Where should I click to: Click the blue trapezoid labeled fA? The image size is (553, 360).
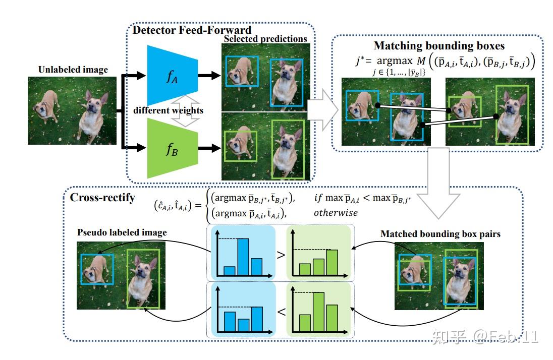click(x=169, y=76)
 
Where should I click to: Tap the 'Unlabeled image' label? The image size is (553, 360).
click(x=73, y=70)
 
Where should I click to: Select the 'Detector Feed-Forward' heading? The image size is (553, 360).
click(x=192, y=30)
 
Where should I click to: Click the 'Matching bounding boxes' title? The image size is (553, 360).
click(x=439, y=46)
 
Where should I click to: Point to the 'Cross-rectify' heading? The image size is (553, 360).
click(x=102, y=197)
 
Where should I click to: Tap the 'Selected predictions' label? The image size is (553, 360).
click(x=265, y=39)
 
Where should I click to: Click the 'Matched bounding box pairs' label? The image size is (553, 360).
click(x=440, y=234)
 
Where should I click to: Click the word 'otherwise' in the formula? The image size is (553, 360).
click(x=336, y=213)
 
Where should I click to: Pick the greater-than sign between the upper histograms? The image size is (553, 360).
click(x=281, y=255)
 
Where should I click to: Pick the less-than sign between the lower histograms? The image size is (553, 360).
click(x=281, y=312)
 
